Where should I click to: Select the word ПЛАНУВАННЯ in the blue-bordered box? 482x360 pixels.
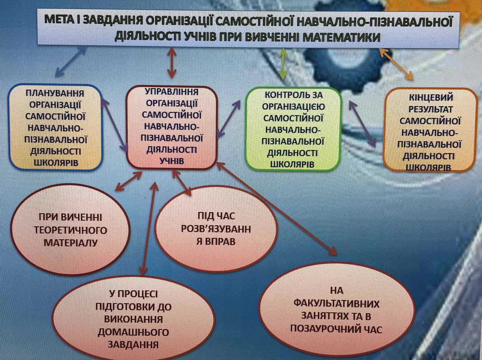(x=55, y=93)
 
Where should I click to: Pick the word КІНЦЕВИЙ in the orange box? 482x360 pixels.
(x=431, y=98)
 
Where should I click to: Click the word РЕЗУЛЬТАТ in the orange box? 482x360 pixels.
(x=430, y=109)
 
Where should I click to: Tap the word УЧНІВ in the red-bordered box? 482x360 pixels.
(x=172, y=161)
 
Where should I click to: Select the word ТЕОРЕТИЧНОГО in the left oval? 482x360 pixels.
(x=70, y=230)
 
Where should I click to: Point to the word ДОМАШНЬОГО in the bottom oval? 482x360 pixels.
(x=133, y=332)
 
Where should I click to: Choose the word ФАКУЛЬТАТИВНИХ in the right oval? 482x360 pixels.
(x=336, y=304)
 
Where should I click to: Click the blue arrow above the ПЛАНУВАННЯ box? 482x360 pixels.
(x=70, y=62)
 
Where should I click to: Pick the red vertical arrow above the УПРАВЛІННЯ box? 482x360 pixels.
(x=172, y=62)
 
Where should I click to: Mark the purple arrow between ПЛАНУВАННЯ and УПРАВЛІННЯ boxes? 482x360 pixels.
(x=114, y=125)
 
